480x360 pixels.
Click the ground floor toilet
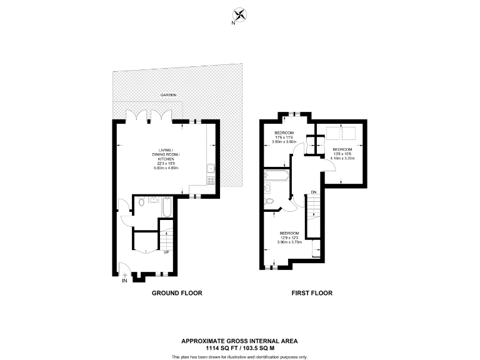(x=141, y=202)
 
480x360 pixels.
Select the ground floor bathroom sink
(x=152, y=201)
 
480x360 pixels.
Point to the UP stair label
(x=167, y=252)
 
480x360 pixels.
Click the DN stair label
(x=314, y=191)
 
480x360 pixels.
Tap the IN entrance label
(x=124, y=281)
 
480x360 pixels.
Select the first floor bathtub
(x=276, y=175)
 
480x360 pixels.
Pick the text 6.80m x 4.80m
(x=166, y=168)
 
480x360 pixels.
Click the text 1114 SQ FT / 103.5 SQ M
(x=240, y=347)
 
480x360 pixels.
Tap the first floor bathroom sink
(x=268, y=187)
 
